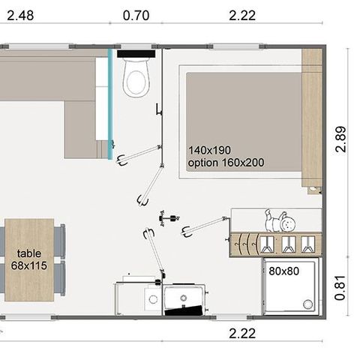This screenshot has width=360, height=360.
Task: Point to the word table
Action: (30, 253)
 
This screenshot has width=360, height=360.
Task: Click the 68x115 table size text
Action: (30, 265)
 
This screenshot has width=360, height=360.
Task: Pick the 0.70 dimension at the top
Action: (136, 14)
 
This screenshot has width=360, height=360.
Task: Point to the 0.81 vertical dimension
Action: (342, 286)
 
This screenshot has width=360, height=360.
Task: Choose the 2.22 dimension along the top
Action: (239, 14)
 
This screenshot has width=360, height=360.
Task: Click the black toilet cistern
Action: (133, 53)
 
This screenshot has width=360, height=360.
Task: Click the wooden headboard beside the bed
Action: (311, 118)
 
